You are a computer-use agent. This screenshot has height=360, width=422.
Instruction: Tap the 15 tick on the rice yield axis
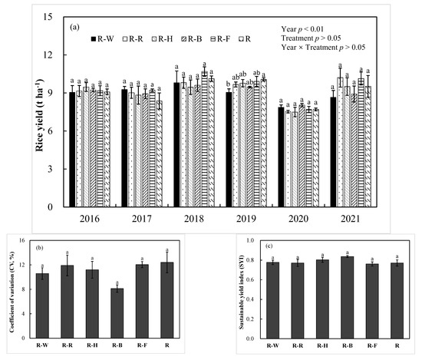(48, 17)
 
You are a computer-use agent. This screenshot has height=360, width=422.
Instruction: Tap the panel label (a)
(74, 26)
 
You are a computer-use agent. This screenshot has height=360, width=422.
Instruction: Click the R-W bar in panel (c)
(273, 299)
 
